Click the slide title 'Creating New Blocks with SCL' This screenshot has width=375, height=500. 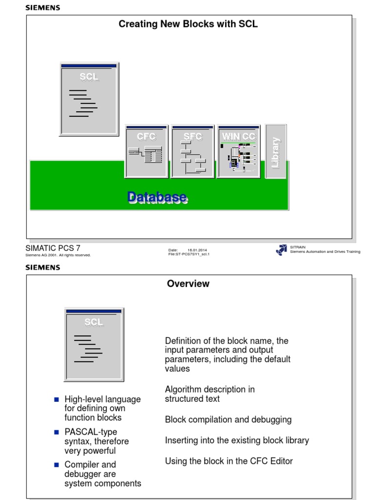tap(188, 24)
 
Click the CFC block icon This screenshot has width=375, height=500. tap(146, 151)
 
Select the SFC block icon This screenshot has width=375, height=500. tap(193, 151)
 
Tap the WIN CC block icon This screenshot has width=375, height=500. tap(239, 151)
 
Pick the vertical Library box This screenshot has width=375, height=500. tap(275, 152)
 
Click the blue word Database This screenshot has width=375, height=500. tap(157, 197)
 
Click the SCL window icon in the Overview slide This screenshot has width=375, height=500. tap(94, 344)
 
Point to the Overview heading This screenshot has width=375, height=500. tap(188, 284)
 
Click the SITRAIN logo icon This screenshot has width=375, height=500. tap(282, 250)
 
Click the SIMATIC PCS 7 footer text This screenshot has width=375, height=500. tap(53, 248)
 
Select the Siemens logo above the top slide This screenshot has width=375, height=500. tap(42, 8)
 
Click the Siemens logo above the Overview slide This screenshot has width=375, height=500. tap(42, 268)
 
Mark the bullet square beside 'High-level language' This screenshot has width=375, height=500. tap(57, 399)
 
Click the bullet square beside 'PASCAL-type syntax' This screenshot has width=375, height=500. tap(57, 432)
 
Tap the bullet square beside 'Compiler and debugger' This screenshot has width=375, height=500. tap(57, 465)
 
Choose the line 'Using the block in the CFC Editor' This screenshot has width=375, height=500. tap(229, 461)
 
